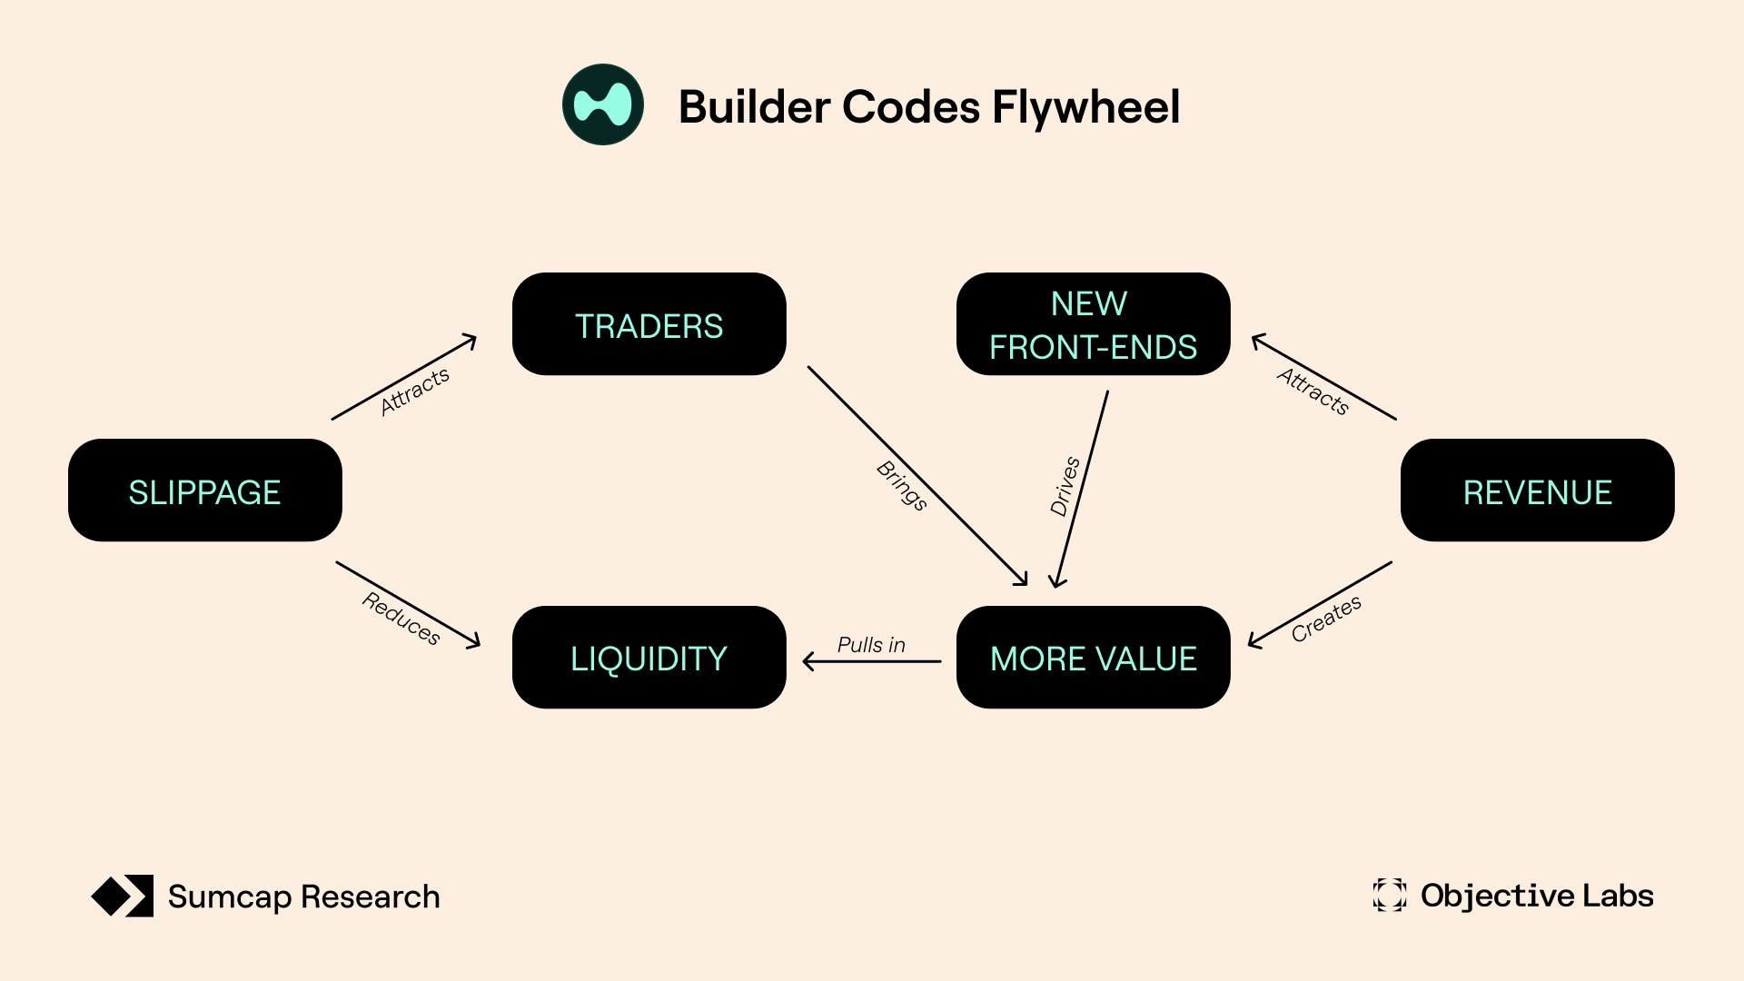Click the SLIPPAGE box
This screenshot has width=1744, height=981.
(x=205, y=490)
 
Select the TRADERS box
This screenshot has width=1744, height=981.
(x=649, y=324)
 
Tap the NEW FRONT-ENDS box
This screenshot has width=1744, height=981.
(x=1093, y=324)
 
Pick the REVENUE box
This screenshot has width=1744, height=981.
(x=1537, y=490)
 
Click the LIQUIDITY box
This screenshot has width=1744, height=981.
(x=649, y=657)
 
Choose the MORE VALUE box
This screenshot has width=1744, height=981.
(x=1093, y=657)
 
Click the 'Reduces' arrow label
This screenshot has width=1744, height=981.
(x=401, y=619)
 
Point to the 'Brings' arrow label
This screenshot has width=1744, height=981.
(x=902, y=486)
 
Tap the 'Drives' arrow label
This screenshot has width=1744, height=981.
(x=1065, y=487)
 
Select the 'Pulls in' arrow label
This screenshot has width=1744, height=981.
(x=871, y=645)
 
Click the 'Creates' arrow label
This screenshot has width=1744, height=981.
(x=1326, y=619)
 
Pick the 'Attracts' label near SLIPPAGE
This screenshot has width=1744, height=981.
(x=414, y=391)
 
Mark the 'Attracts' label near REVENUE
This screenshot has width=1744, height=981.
(x=1313, y=391)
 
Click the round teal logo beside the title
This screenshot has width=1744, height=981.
(x=603, y=104)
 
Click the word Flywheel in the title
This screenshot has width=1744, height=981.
(x=1085, y=107)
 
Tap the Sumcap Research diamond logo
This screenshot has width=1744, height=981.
(x=123, y=896)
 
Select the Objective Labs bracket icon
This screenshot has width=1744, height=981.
(x=1389, y=895)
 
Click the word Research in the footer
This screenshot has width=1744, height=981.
(x=370, y=897)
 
